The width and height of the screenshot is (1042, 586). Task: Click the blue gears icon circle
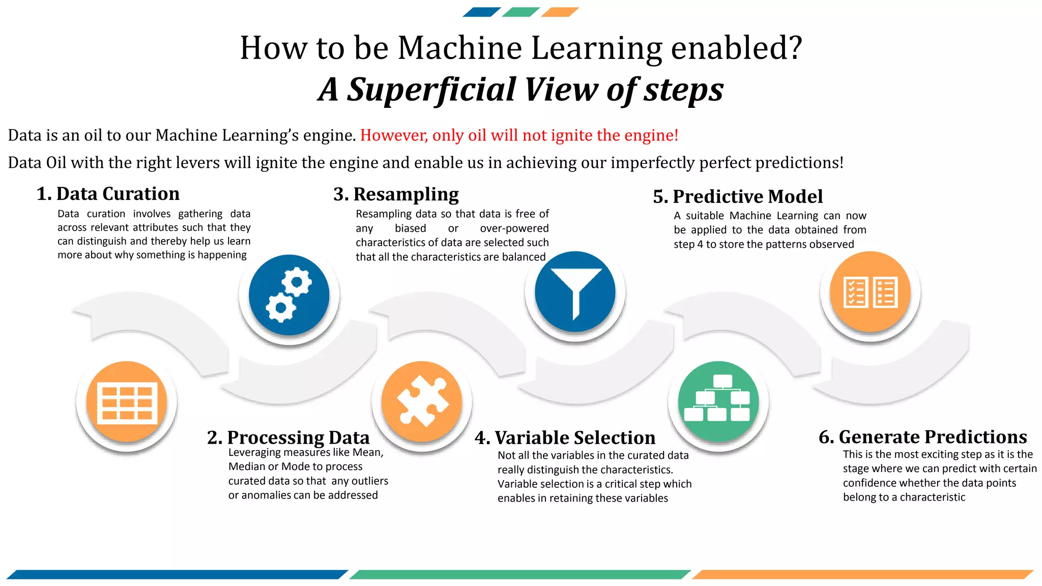pos(289,295)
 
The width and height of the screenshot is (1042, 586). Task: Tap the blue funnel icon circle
pos(575,292)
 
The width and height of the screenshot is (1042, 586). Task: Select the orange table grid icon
pos(127,402)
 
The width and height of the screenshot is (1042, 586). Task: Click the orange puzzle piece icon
pos(422,401)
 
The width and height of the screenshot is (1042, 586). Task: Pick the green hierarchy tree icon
pos(718,401)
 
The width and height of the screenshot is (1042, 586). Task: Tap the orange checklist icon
pos(870,292)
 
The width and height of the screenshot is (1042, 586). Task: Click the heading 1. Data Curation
pos(108,194)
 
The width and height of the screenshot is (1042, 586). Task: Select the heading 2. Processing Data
pos(288,437)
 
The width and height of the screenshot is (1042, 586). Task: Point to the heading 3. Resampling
pos(396,194)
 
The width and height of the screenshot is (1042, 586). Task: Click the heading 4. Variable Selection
pos(565,437)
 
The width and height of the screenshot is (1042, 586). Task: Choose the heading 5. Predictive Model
pos(737,196)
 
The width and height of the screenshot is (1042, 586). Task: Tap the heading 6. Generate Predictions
pos(922,437)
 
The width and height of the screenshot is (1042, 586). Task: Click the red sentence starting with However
pos(519,135)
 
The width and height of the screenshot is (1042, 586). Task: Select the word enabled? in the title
pos(736,48)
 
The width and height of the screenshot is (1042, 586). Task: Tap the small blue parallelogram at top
pos(481,12)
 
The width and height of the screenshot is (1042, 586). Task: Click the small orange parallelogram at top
pos(560,12)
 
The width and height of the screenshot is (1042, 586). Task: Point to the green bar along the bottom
pos(520,574)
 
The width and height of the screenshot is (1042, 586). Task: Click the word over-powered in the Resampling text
pos(514,228)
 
